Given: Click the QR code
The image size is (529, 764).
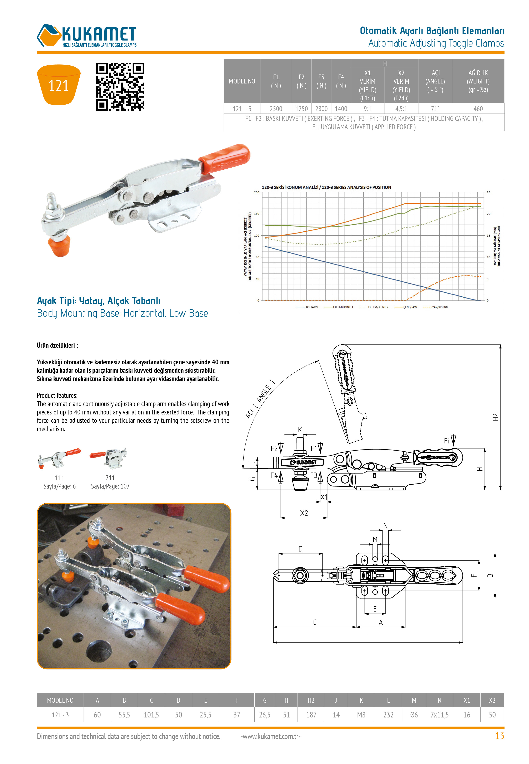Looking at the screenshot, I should coord(120,87).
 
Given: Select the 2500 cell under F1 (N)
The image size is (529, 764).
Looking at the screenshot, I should coord(276,109).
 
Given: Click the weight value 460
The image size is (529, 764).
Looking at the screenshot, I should coord(478,109).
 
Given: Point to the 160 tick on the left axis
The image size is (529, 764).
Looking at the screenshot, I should coord(256,214).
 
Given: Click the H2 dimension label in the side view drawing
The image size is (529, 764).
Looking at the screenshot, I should coord(495,417).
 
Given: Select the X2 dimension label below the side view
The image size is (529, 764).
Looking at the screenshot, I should coord(304,513).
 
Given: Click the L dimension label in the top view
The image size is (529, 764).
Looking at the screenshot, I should coord(368,638).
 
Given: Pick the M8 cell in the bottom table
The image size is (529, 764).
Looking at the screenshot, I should coord(361,715).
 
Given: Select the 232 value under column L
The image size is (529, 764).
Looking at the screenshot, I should coord(388,715).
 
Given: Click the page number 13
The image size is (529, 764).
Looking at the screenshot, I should coord(499,736).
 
